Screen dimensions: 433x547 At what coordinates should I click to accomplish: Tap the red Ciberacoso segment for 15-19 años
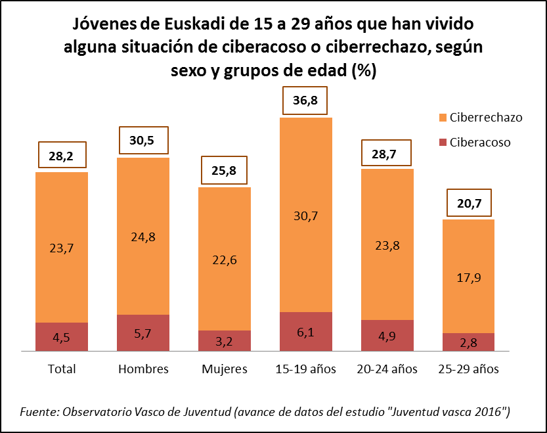click(x=306, y=332)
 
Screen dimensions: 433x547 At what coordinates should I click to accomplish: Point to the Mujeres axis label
click(x=225, y=369)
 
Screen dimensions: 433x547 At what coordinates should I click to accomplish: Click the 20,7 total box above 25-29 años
click(x=470, y=204)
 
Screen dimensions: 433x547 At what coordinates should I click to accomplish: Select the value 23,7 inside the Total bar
click(x=62, y=248)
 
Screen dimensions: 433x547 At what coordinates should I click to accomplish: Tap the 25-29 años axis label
click(x=469, y=369)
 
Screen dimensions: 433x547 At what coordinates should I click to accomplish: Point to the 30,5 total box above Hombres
click(x=143, y=141)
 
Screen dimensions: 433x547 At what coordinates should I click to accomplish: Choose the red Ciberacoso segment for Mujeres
click(x=225, y=341)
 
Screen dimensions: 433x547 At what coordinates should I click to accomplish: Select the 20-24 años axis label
click(x=387, y=369)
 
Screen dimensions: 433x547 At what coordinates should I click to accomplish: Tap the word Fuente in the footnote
click(x=38, y=412)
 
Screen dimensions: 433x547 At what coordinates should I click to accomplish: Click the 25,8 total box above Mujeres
click(x=225, y=172)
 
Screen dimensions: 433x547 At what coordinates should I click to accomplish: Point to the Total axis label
click(x=62, y=369)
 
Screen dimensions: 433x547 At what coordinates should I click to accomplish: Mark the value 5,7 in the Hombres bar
click(x=143, y=334)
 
